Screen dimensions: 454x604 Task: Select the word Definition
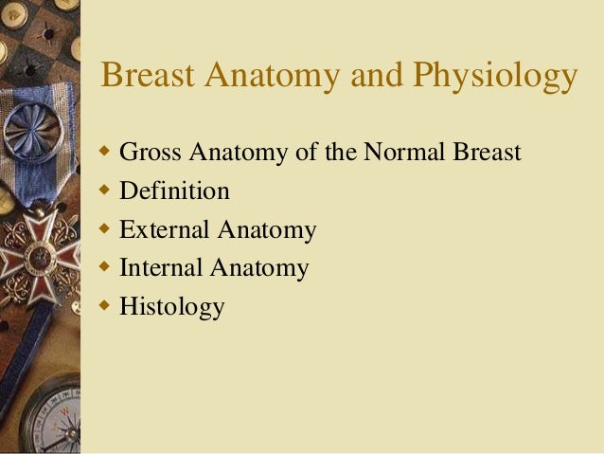pyautogui.click(x=174, y=191)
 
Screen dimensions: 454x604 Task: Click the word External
pyautogui.click(x=165, y=230)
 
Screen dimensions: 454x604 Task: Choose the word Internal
pyautogui.click(x=161, y=268)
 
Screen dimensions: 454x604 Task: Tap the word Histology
pyautogui.click(x=171, y=308)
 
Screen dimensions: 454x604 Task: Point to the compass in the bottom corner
pyautogui.click(x=47, y=417)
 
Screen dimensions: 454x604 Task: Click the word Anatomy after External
pyautogui.click(x=267, y=230)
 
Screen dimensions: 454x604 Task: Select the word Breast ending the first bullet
pyautogui.click(x=487, y=153)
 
